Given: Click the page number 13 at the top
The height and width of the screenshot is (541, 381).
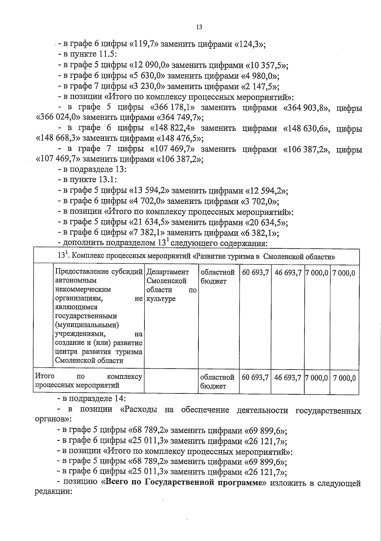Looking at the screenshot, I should coord(199,27).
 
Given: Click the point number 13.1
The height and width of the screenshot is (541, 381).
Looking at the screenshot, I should coord(107,180).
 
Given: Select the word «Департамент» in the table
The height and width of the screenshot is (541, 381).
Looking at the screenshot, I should coord(168,272).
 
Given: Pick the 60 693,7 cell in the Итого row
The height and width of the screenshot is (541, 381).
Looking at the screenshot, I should coord(255,378).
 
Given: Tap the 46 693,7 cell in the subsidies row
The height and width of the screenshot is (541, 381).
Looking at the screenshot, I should coord(288,273).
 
